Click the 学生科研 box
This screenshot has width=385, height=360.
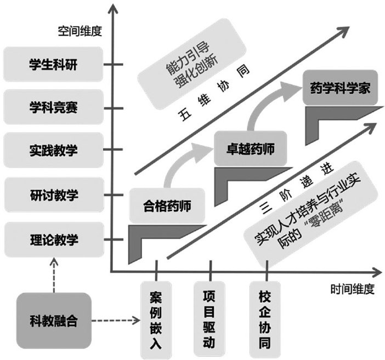tap(54, 64)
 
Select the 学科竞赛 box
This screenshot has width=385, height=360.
tap(54, 106)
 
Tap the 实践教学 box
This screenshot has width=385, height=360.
tap(54, 150)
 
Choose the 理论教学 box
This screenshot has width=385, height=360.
tap(54, 239)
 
